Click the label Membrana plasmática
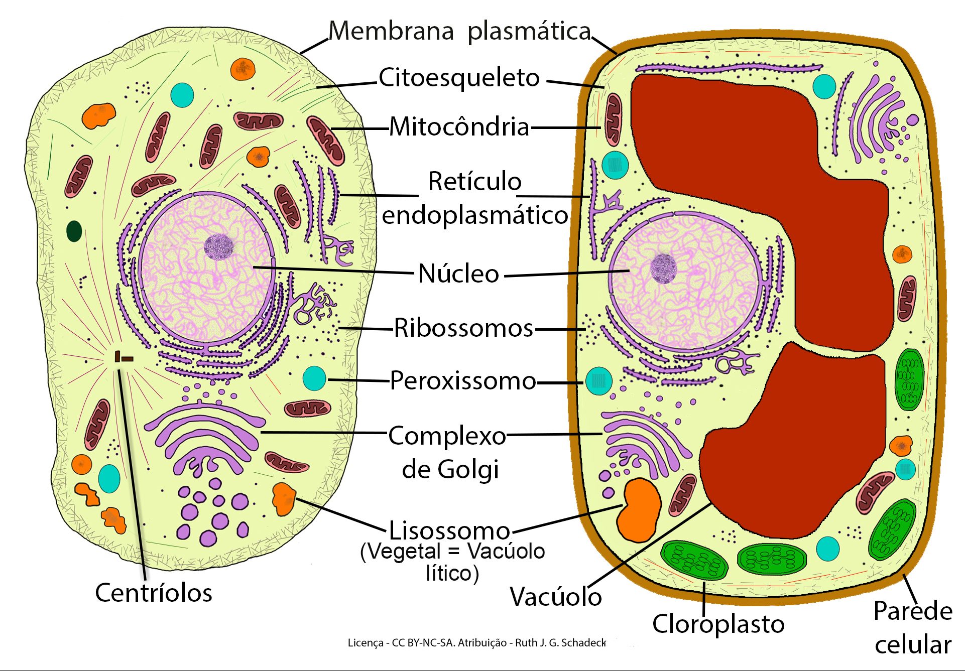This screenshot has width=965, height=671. [x=459, y=31]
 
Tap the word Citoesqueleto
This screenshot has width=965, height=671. [x=459, y=78]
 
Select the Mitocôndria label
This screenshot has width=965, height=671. [x=459, y=126]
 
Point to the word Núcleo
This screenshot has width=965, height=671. [x=458, y=274]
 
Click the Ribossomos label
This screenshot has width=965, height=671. [x=463, y=328]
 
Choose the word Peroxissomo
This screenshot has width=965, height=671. [x=463, y=380]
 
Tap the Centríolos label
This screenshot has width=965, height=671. [x=154, y=593]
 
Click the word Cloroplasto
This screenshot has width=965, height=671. [x=718, y=624]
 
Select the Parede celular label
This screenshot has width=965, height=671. [x=912, y=627]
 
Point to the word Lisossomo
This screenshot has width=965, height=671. [x=449, y=530]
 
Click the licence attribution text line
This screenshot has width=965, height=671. [x=476, y=643]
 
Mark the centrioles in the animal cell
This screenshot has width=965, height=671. [x=123, y=357]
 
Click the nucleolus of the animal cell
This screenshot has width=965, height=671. [x=219, y=247]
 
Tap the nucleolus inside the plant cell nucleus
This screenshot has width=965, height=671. [x=664, y=268]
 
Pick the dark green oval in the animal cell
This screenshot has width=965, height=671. [x=74, y=231]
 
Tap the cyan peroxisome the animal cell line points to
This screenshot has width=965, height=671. [x=315, y=378]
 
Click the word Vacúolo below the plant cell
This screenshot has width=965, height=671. [x=555, y=597]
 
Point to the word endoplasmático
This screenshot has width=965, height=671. [x=474, y=216]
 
